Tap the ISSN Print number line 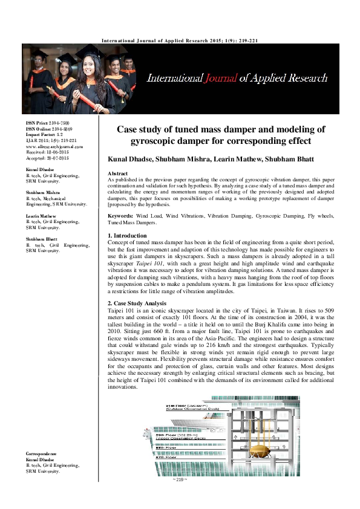click(48, 123)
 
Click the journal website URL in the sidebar click(54, 146)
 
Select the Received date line click(47, 152)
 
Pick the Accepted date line click(48, 158)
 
